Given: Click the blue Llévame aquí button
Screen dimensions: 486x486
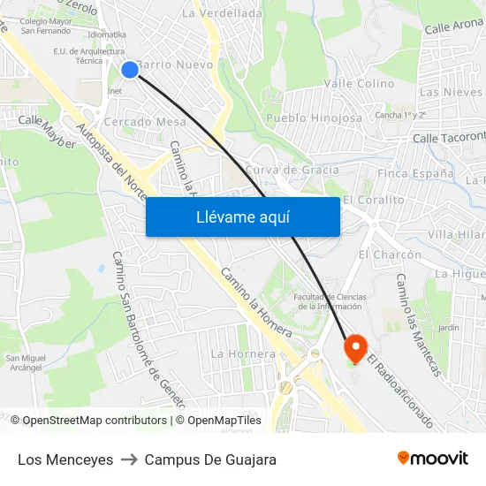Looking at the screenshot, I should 242,216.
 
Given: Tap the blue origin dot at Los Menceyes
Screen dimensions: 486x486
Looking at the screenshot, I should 130,69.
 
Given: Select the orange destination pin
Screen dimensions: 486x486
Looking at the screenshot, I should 355,347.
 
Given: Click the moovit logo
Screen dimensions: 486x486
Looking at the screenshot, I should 432,459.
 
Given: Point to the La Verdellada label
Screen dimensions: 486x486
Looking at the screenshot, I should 222,13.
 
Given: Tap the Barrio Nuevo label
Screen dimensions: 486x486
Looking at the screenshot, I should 174,65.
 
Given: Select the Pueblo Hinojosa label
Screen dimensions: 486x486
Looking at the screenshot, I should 315,118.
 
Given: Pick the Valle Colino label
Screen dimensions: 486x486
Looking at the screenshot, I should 359,83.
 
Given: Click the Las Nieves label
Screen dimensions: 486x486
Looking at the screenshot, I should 451,92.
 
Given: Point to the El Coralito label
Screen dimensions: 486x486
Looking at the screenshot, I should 374,200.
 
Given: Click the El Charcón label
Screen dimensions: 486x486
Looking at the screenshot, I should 390,254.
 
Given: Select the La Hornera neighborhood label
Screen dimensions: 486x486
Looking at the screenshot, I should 243,353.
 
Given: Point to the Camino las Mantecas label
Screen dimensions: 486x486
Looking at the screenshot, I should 417,324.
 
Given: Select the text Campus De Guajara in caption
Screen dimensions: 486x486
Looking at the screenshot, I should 210,459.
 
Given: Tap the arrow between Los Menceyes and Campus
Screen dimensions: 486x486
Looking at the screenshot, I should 129,459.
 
